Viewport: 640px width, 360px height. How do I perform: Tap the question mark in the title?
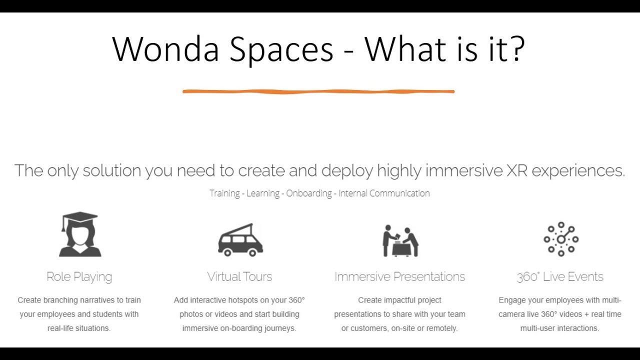515,49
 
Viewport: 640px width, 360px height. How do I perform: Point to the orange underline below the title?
318,91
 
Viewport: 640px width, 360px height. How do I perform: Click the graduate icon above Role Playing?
80,234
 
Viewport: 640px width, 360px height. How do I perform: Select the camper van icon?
240,240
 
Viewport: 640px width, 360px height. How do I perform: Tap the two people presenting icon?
400,240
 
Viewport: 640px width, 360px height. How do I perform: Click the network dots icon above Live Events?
560,239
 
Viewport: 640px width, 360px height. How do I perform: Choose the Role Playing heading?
79,276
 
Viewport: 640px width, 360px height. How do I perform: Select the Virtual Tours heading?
239,276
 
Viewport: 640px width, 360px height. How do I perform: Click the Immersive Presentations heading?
399,276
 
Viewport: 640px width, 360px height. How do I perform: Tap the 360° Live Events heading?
560,276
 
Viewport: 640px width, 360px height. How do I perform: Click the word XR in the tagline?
517,170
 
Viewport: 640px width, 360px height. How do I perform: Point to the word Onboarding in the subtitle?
309,193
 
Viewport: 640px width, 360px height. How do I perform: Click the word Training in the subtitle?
224,193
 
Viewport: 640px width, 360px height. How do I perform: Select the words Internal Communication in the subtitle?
384,193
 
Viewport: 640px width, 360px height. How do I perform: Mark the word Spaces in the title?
281,49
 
